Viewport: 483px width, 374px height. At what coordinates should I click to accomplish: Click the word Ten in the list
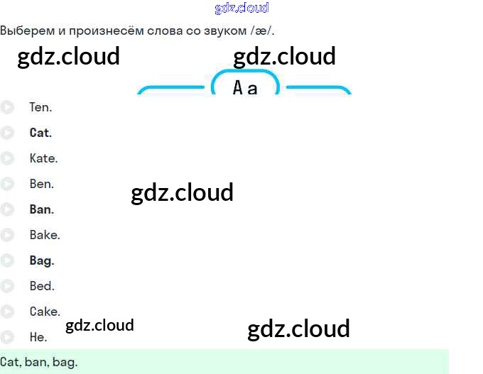click(x=40, y=108)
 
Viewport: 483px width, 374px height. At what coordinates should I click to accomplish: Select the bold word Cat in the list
click(x=40, y=133)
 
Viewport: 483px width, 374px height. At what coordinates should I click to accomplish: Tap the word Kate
click(x=43, y=158)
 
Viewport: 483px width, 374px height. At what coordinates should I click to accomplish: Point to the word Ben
click(x=41, y=184)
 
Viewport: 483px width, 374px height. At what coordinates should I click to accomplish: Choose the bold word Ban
click(x=41, y=209)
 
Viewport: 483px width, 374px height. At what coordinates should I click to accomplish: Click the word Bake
click(x=45, y=235)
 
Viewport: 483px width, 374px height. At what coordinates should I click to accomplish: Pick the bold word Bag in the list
click(x=41, y=260)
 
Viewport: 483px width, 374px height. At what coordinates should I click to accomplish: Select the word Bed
click(x=41, y=286)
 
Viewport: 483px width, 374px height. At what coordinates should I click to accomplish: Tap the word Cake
click(x=45, y=312)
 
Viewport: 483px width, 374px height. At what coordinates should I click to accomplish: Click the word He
click(x=38, y=337)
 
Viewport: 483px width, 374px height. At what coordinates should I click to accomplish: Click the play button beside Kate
click(x=7, y=158)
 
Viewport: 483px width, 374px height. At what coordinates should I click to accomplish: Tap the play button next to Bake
click(x=7, y=235)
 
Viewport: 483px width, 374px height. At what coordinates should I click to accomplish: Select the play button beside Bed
click(x=7, y=286)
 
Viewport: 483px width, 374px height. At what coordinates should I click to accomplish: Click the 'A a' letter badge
click(x=245, y=88)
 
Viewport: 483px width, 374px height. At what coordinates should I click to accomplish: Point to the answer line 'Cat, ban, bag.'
click(x=39, y=362)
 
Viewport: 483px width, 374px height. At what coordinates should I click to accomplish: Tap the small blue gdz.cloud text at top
click(x=241, y=8)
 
